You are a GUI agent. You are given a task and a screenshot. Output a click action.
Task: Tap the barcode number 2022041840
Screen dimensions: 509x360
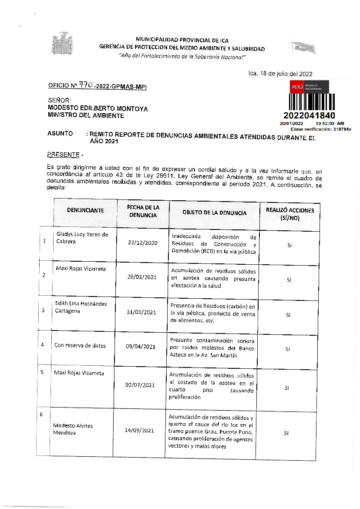(309, 115)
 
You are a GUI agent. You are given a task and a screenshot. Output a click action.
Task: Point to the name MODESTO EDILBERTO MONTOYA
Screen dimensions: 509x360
(98, 109)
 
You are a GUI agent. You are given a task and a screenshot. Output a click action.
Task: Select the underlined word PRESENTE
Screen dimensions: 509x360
(63, 155)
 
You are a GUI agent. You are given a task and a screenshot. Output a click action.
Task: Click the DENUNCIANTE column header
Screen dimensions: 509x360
(85, 210)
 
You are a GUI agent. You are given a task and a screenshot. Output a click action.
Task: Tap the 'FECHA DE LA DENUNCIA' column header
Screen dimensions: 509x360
(143, 211)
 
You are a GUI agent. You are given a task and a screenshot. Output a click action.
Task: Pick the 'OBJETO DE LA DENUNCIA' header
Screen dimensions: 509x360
(214, 213)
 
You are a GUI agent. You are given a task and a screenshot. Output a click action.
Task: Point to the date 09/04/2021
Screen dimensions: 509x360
(141, 347)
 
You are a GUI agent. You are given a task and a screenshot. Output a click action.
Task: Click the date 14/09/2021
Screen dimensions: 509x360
(139, 431)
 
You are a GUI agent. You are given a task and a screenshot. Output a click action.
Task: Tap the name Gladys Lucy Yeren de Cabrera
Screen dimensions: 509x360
(82, 238)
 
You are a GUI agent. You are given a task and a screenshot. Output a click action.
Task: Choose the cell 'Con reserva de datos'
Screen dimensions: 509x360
(80, 346)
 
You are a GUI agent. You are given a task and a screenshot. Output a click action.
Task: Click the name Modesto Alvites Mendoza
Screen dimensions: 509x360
(73, 429)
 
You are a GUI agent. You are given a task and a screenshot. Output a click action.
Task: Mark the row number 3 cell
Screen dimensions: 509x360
(43, 310)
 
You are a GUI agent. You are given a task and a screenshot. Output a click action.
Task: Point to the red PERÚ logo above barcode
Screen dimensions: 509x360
(297, 87)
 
